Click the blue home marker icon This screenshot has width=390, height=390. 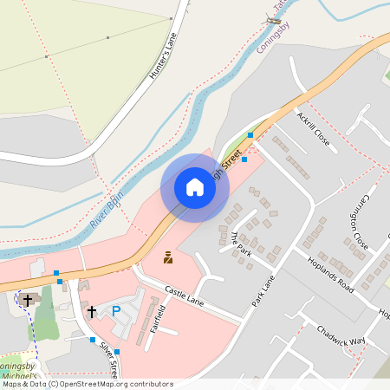[x=195, y=187]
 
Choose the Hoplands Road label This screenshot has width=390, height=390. [x=330, y=272]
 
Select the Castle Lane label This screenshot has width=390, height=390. [x=183, y=296]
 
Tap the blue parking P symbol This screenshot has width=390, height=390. [x=115, y=311]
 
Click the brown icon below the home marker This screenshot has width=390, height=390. [x=167, y=257]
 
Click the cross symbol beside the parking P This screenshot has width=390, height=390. [x=91, y=310]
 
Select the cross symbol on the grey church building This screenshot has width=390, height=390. [x=27, y=300]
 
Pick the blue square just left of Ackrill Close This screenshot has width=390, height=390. [x=250, y=135]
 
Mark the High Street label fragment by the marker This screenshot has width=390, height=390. [x=231, y=163]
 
